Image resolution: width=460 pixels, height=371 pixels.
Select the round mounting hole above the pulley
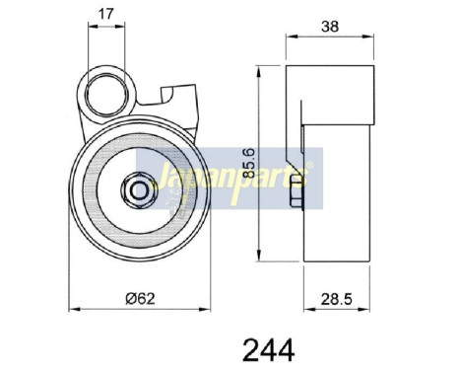tap(105, 95)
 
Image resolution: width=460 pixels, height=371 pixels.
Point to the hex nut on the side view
tap(294, 203)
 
